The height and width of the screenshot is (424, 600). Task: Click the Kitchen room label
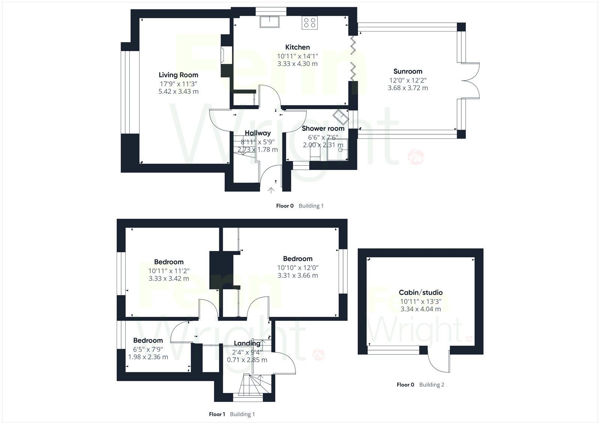point(297,47)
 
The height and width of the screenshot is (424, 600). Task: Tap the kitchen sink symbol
point(270,22)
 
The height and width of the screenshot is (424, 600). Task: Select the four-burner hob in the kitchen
point(310,22)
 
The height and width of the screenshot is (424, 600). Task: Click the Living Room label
point(178,75)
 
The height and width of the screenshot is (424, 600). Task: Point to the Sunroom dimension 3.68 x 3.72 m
point(408,88)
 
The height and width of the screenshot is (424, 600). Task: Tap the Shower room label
point(323,129)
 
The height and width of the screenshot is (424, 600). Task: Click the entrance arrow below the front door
point(271,190)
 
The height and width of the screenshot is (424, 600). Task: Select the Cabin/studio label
point(420,292)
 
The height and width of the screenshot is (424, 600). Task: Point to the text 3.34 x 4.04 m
point(420,309)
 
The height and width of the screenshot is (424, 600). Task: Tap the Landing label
point(247,343)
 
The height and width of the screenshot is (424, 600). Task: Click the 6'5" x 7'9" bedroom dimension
point(148,349)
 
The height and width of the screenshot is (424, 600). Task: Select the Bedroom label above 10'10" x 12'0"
point(298,259)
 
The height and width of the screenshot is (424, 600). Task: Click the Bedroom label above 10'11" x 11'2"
point(169,262)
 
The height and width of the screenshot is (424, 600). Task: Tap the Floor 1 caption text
point(217,414)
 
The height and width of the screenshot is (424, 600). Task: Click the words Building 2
point(432,385)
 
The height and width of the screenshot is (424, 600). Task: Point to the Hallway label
point(258,133)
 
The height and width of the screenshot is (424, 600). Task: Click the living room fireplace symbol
point(223,55)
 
